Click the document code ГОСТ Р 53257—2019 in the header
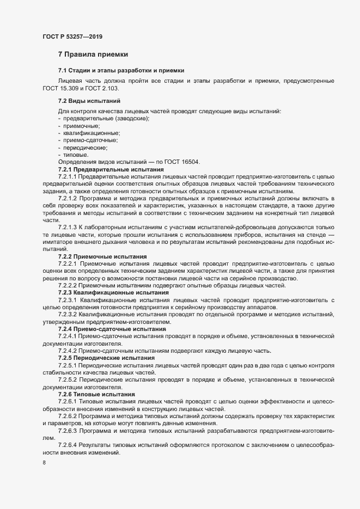pyautogui.click(x=72, y=36)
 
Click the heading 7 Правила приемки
pyautogui.click(x=93, y=54)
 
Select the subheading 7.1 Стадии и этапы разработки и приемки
pyautogui.click(x=121, y=71)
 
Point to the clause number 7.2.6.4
pyautogui.click(x=68, y=445)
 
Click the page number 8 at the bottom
pyautogui.click(x=44, y=463)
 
